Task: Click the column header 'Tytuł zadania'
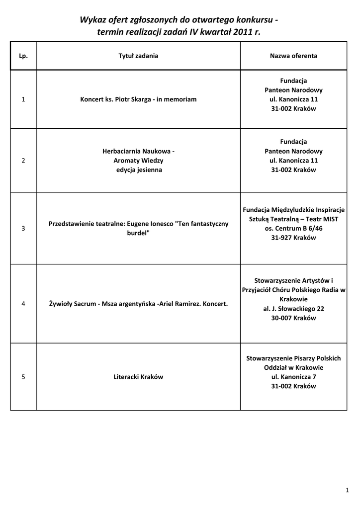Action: click(138, 56)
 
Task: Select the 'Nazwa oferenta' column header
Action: click(293, 56)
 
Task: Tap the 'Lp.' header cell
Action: click(23, 56)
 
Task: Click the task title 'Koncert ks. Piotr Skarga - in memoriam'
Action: click(138, 99)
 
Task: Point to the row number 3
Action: click(23, 228)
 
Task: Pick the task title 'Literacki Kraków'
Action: click(138, 377)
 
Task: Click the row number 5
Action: click(23, 377)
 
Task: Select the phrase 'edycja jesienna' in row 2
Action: click(138, 170)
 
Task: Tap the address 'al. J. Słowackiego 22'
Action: click(293, 309)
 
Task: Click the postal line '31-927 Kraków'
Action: click(293, 238)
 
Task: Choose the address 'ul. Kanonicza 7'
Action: click(293, 377)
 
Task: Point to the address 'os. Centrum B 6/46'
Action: click(293, 228)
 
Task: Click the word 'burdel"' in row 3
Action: click(138, 233)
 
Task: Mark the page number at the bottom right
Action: click(347, 491)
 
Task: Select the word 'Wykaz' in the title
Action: click(92, 20)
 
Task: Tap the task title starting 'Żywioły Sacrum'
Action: click(138, 304)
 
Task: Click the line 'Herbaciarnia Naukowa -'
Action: click(138, 151)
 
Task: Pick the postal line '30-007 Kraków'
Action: click(293, 318)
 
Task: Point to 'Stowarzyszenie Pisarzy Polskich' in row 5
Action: click(293, 358)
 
